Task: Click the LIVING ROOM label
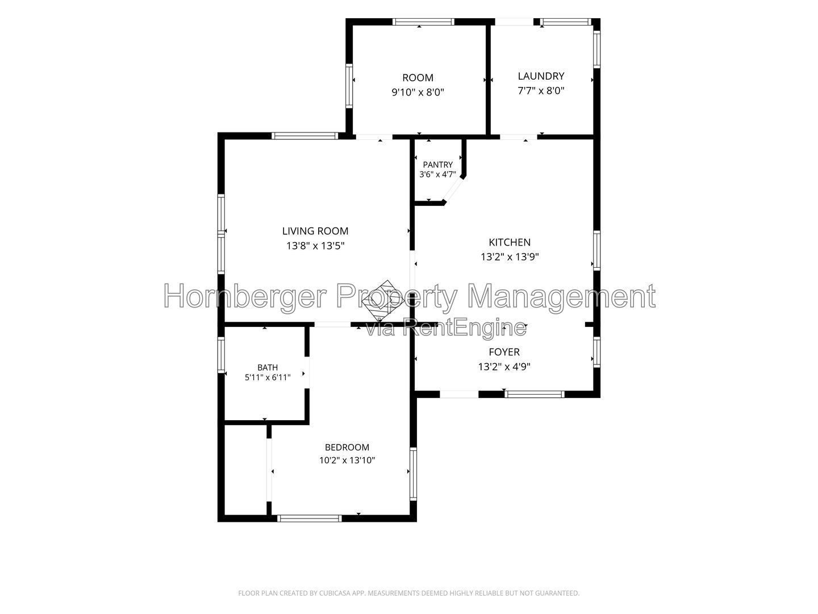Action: (315, 231)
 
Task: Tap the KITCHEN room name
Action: (510, 242)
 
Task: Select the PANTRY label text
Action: (437, 164)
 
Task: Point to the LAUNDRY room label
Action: (541, 76)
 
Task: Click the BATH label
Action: (268, 367)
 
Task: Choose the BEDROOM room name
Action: (347, 447)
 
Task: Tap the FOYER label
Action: (504, 352)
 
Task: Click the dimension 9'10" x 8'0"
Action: (418, 92)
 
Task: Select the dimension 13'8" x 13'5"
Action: (315, 246)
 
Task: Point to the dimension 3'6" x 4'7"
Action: (437, 175)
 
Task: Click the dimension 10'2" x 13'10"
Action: (347, 460)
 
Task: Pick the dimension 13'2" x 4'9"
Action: (504, 367)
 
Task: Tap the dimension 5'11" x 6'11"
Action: (268, 377)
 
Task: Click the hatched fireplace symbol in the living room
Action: (383, 301)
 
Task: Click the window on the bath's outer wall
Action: (222, 355)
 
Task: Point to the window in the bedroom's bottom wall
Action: (310, 518)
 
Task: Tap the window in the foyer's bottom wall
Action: (534, 394)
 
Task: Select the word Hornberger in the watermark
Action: (245, 296)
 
